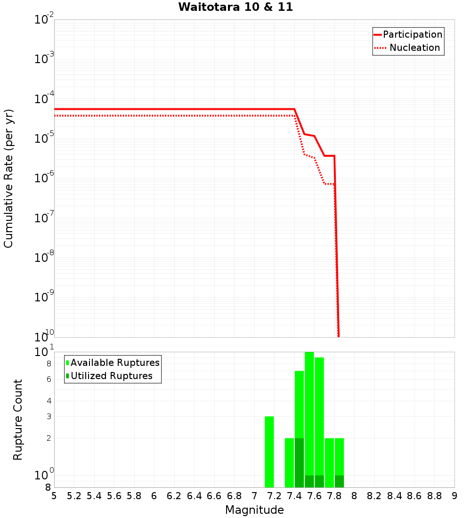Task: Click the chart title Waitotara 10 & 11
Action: pyautogui.click(x=235, y=7)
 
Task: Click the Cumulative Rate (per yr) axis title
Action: pyautogui.click(x=8, y=178)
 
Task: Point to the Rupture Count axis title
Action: pyautogui.click(x=18, y=419)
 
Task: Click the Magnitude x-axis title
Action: pyautogui.click(x=254, y=510)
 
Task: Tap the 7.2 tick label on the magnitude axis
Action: pyautogui.click(x=274, y=496)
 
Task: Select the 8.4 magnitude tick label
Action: pyautogui.click(x=394, y=496)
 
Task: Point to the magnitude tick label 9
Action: pyautogui.click(x=454, y=496)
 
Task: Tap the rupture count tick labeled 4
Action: pyautogui.click(x=48, y=401)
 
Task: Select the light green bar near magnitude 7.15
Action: pyautogui.click(x=269, y=452)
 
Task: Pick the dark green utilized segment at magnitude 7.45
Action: pyautogui.click(x=299, y=462)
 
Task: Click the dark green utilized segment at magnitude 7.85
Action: pyautogui.click(x=339, y=481)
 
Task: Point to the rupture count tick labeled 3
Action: pyautogui.click(x=48, y=416)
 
